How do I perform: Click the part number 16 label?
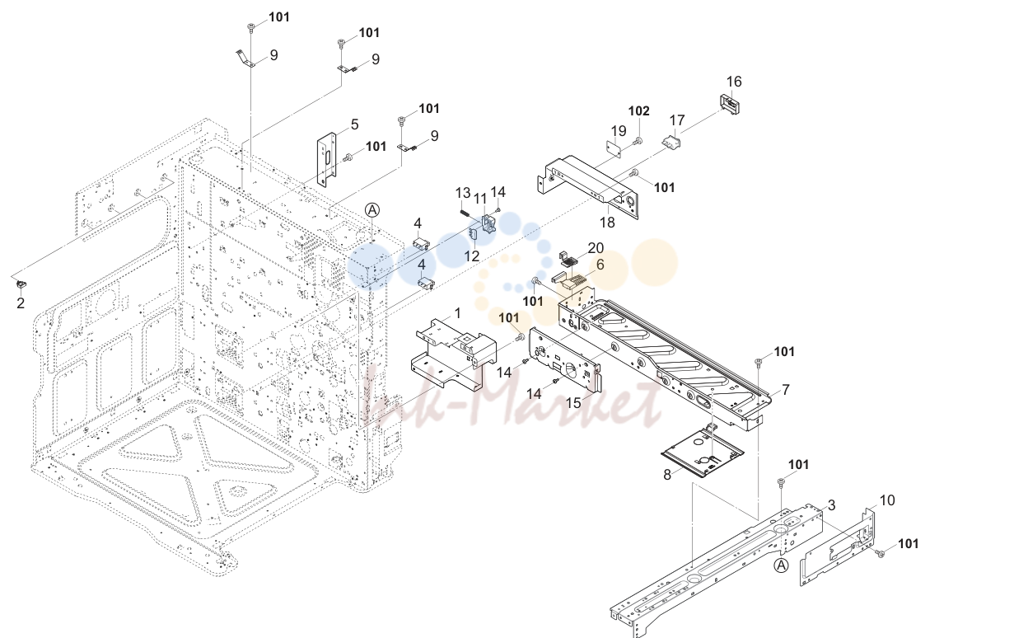734,82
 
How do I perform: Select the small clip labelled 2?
21,284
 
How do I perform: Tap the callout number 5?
354,124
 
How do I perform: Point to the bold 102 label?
639,110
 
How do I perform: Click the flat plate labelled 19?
613,149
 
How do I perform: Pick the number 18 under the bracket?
607,223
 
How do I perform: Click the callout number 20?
596,248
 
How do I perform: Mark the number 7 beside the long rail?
786,390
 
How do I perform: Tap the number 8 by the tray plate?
667,475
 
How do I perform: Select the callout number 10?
887,500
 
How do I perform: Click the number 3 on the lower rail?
831,505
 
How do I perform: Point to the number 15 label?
573,403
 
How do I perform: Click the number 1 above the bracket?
457,312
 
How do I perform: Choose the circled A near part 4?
372,210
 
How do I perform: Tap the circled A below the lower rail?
781,565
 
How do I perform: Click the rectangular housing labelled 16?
730,104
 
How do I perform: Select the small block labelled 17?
671,141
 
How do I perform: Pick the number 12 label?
471,256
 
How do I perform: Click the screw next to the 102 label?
637,141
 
